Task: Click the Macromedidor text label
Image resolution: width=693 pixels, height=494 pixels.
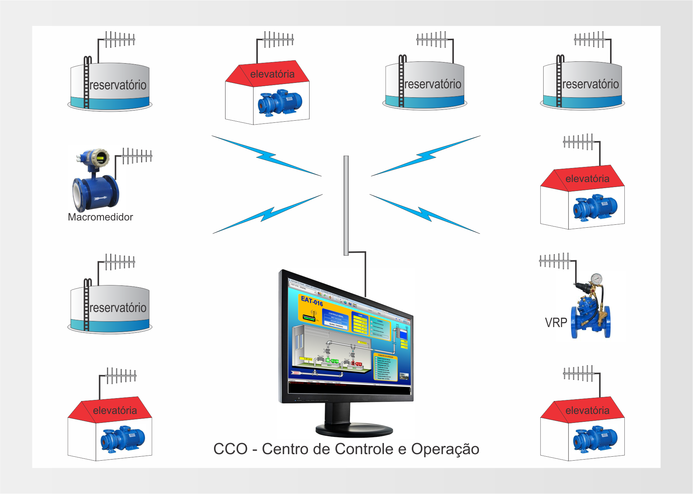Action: coord(100,217)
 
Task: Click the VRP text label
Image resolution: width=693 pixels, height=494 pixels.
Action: coord(556,323)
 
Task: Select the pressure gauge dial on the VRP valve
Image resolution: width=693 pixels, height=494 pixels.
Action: coord(596,279)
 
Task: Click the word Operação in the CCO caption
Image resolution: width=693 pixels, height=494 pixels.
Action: coord(445,449)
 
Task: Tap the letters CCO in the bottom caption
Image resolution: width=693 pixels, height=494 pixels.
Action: coord(231,449)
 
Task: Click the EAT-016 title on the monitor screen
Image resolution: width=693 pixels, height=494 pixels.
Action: coord(312,301)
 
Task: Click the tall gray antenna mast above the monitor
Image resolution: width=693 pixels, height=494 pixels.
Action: coord(346,205)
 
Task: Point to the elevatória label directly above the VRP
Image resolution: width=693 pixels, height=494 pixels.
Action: coord(587,179)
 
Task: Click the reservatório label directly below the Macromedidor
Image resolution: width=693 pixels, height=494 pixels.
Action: coord(118,308)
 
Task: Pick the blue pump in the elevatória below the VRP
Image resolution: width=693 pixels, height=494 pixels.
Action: coord(595,439)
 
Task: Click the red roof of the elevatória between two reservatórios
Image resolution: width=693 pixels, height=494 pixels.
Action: coord(268,74)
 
